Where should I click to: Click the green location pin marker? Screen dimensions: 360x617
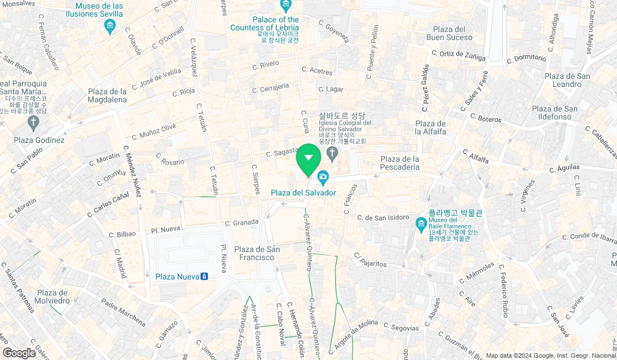308,158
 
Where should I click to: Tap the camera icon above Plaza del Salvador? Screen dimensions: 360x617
323,178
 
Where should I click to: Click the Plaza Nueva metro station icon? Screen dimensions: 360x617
204,277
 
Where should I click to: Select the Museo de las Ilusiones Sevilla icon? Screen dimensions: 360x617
110,26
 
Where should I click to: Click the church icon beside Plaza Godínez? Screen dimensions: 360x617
34,122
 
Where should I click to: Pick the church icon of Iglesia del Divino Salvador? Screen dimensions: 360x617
332,153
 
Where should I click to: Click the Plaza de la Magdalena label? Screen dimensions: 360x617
107,95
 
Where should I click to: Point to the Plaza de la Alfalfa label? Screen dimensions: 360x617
431,127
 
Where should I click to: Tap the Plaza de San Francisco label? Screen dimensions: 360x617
257,253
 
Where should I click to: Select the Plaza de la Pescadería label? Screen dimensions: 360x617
400,163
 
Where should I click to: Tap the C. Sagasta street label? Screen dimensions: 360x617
282,152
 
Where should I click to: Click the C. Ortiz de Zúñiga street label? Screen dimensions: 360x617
458,55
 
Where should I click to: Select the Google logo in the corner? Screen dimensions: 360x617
19,353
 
